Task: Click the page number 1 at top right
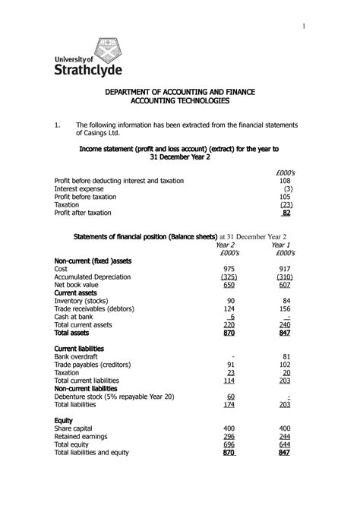pyautogui.click(x=304, y=27)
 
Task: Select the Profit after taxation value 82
pyautogui.click(x=286, y=213)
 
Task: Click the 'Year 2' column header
pyautogui.click(x=226, y=246)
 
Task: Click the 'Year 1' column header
pyautogui.click(x=281, y=246)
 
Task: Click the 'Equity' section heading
pyautogui.click(x=64, y=419)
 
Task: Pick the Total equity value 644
pyautogui.click(x=285, y=444)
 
